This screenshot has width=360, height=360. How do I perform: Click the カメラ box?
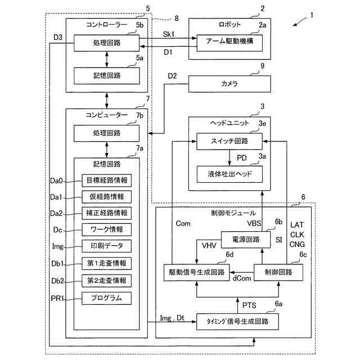(x=229, y=84)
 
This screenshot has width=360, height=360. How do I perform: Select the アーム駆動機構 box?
(x=229, y=43)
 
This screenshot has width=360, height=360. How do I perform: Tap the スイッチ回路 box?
(x=229, y=141)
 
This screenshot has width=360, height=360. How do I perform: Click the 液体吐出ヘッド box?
(x=229, y=174)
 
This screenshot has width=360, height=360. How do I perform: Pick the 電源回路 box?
(x=246, y=240)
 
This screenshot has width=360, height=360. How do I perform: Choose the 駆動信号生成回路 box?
(x=197, y=272)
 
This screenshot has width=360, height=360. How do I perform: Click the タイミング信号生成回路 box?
(x=237, y=322)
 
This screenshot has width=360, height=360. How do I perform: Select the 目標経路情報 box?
(x=106, y=181)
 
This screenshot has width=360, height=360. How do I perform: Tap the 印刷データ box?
(x=106, y=246)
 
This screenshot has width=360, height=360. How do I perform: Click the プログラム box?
(x=106, y=298)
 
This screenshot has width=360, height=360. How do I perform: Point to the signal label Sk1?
(x=169, y=34)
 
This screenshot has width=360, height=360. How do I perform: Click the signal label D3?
(x=58, y=37)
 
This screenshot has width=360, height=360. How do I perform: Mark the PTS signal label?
(x=249, y=305)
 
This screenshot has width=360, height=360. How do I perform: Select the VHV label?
(x=209, y=246)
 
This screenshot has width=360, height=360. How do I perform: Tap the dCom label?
(x=242, y=278)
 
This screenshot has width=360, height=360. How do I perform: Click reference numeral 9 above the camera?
(x=263, y=66)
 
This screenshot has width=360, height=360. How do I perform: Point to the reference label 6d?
(x=229, y=254)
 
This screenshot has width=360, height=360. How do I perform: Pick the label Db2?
(x=57, y=281)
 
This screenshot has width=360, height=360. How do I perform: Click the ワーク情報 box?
(x=106, y=229)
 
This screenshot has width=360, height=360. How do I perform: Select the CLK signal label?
(x=297, y=235)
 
